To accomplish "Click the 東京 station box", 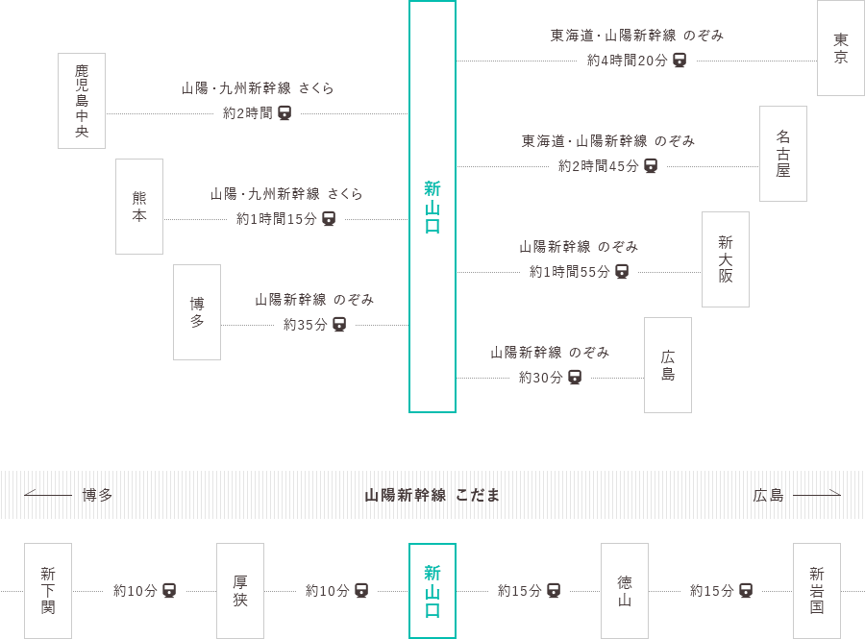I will [840, 48].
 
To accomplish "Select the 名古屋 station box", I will [782, 154].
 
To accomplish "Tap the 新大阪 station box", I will [725, 258].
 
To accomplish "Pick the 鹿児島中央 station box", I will [82, 101].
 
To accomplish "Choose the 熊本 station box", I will [139, 207].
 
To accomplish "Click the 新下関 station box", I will [48, 590].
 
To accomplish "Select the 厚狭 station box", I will [239, 590].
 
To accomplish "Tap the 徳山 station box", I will [624, 590].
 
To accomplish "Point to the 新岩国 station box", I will [816, 590].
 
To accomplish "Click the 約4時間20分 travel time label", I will [626, 61].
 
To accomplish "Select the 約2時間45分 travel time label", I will [598, 166].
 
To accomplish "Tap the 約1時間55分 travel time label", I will [569, 272].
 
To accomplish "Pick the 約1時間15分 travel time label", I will [276, 219].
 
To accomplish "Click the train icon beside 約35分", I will [339, 325].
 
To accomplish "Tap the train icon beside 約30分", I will [575, 378].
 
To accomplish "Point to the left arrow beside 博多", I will [48, 495].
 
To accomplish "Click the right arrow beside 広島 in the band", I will [817, 495].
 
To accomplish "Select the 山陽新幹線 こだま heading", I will [432, 495].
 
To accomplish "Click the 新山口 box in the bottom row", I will [432, 590].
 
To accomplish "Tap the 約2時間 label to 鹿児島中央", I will [247, 113].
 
